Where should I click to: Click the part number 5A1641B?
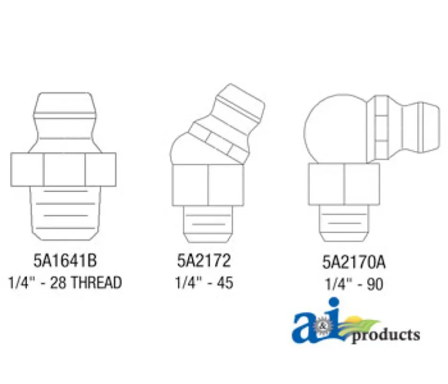(65, 261)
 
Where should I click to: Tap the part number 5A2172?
(204, 261)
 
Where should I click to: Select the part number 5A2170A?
(354, 262)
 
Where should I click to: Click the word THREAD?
(96, 283)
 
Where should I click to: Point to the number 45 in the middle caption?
(225, 283)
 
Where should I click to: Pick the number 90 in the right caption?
(375, 284)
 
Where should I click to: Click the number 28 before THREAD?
(58, 283)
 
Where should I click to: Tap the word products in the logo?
(386, 335)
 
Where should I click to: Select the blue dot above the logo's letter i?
(334, 303)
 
